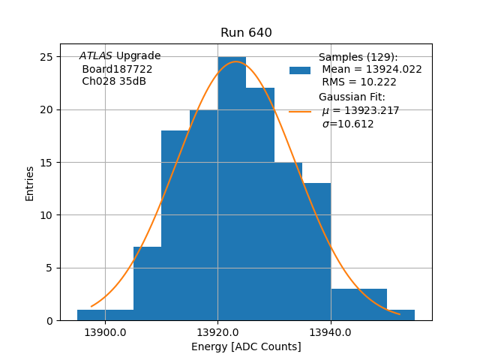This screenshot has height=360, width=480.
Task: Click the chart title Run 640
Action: click(x=246, y=33)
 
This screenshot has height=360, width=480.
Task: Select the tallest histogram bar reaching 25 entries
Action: click(x=232, y=187)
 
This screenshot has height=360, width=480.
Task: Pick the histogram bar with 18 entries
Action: click(x=175, y=225)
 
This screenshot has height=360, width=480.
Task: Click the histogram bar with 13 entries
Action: click(x=316, y=251)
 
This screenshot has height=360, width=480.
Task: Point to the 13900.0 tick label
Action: click(x=105, y=332)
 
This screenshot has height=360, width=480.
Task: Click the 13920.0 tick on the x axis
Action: click(x=217, y=332)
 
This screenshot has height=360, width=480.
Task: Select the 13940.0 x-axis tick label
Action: click(x=331, y=332)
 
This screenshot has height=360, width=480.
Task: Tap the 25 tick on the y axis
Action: click(x=46, y=57)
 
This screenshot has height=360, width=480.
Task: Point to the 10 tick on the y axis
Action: click(x=46, y=215)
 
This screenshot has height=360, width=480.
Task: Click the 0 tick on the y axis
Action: click(x=49, y=321)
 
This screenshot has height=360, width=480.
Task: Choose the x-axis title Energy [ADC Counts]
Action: click(x=246, y=346)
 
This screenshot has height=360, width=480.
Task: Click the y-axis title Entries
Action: click(x=30, y=183)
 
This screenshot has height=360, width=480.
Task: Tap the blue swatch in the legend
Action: click(x=300, y=70)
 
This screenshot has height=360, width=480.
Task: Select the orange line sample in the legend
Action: click(x=300, y=111)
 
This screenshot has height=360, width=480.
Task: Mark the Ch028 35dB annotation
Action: click(x=114, y=81)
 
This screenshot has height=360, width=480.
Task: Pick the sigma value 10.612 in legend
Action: click(x=348, y=124)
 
